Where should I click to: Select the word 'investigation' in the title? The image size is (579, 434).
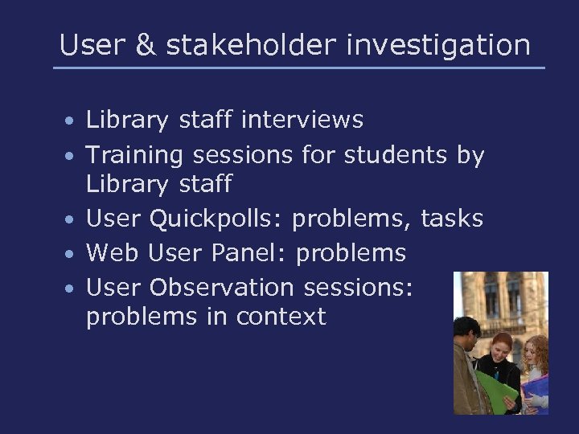coord(438,45)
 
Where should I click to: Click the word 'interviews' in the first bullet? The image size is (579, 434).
coord(302,121)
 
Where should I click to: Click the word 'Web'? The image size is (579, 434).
coord(110,252)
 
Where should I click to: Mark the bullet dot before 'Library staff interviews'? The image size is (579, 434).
coord(71,122)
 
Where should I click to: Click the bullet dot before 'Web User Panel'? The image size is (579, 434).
coord(71,254)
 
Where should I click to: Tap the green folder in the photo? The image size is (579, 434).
coord(495,389)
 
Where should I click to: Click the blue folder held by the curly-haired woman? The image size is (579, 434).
coord(534,394)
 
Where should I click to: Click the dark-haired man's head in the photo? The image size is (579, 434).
coord(466,330)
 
